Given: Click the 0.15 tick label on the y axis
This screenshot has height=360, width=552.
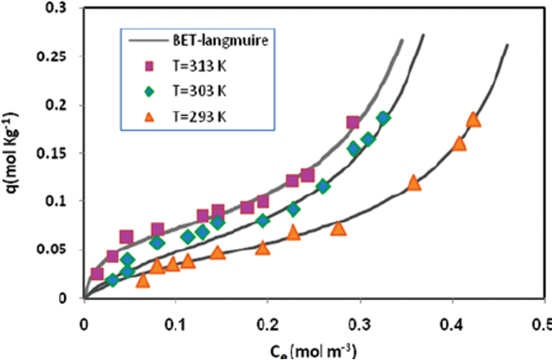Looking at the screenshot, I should pos(59,153).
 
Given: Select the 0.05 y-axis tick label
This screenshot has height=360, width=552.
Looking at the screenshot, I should pos(59,250).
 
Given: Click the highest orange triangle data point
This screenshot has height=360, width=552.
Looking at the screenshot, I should pos(473,120).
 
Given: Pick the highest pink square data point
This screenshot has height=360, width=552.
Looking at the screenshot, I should pos(353,122).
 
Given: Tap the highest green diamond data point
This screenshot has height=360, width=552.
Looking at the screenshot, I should pos(384,118).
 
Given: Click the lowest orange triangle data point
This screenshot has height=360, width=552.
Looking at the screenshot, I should pos(143,280).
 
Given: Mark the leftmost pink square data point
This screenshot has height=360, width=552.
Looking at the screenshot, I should pos(98,274).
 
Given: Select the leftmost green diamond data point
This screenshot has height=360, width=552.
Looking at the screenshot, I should pos(113,280).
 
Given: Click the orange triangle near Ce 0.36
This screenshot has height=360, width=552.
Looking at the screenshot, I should pos(414,183).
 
